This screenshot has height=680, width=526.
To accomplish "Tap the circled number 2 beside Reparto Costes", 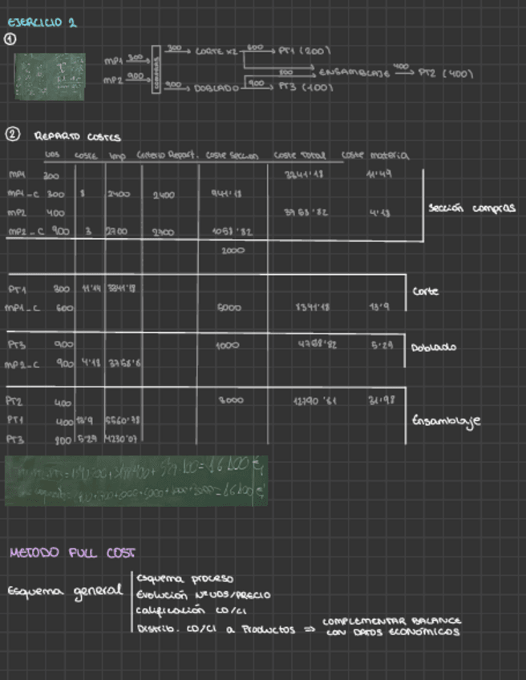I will (12, 136).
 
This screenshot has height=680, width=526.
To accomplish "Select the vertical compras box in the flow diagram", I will (156, 71).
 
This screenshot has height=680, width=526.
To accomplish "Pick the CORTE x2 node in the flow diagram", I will (216, 51).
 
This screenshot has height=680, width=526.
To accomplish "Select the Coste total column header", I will (297, 155).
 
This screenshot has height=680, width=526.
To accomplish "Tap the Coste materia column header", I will (374, 155).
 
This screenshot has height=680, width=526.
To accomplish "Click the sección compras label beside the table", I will (471, 207).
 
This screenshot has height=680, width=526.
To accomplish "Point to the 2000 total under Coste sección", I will (233, 250).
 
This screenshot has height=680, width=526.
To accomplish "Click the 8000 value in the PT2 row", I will (232, 399).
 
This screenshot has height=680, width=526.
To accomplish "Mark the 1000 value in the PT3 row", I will (228, 346).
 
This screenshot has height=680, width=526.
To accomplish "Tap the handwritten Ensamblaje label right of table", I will (446, 421).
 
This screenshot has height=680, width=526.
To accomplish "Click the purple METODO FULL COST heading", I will (71, 552).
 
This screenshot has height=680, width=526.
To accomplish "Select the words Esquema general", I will (63, 591).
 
